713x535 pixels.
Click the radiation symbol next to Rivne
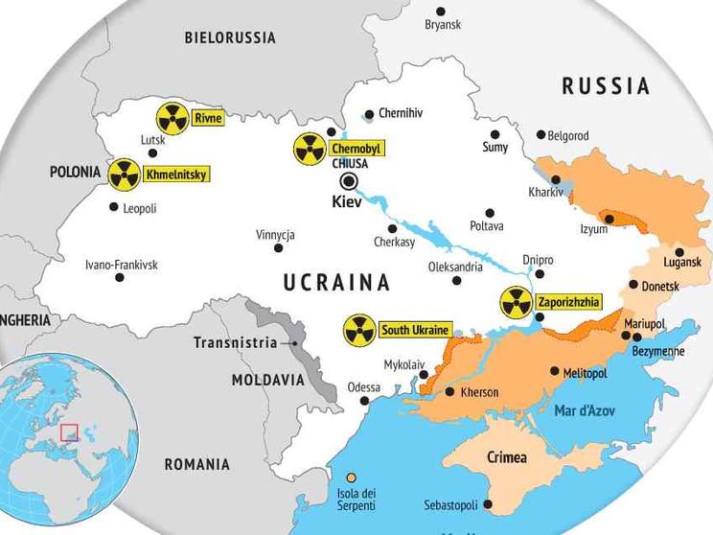coord(172,119)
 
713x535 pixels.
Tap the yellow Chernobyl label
coord(356,149)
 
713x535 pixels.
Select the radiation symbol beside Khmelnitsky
coord(124,174)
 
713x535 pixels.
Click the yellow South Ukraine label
coord(414,331)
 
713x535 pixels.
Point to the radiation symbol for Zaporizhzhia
coord(516,303)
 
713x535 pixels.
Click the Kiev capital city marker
coord(350,181)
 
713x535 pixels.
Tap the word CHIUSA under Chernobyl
coord(349,164)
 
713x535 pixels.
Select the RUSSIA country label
coord(606,86)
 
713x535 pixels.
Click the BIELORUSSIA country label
coord(230,37)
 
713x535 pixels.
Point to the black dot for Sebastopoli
coord(488,504)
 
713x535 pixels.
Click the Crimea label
coord(507,457)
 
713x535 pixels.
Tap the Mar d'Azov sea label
coord(585,410)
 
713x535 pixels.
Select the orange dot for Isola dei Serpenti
coord(352,477)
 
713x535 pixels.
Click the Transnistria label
coord(235,342)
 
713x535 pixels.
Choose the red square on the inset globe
coord(69,432)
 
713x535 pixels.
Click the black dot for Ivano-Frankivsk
coord(120,278)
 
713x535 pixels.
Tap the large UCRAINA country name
coord(336,282)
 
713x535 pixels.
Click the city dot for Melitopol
coord(555,371)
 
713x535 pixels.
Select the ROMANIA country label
coord(196,464)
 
